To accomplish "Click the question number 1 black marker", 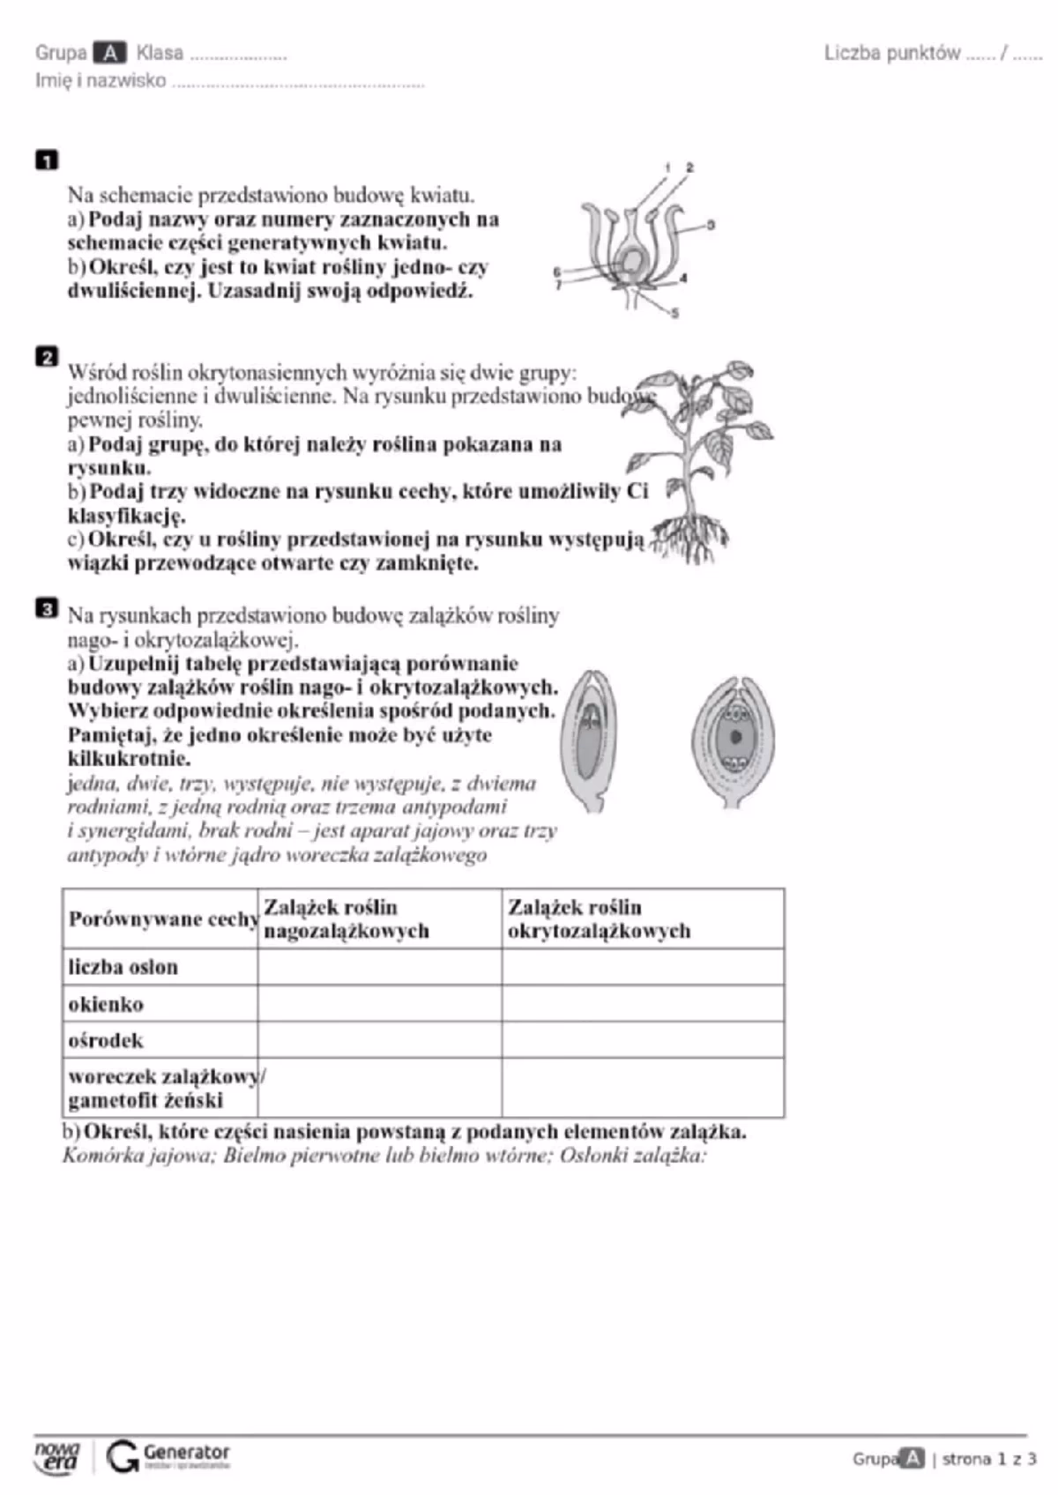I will pos(47,160).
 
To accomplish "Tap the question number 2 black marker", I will pos(47,357).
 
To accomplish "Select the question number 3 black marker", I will pos(47,608).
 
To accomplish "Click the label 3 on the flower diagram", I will pos(711,225).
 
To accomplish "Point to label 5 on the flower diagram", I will pos(675,313).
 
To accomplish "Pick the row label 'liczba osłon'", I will pos(123,967).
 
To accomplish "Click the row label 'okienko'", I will pos(106,1004).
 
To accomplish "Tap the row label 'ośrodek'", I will pos(106,1040).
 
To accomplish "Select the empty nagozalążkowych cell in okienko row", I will pos(380,1004).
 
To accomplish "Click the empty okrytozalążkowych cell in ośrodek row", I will pos(643,1040).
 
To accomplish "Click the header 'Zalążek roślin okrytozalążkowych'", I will pos(600,919).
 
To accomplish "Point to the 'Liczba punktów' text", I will pos(892,54).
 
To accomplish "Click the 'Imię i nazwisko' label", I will pos(101,81).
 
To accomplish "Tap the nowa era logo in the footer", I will pos(57,1456).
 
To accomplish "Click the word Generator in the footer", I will pos(186,1451).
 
